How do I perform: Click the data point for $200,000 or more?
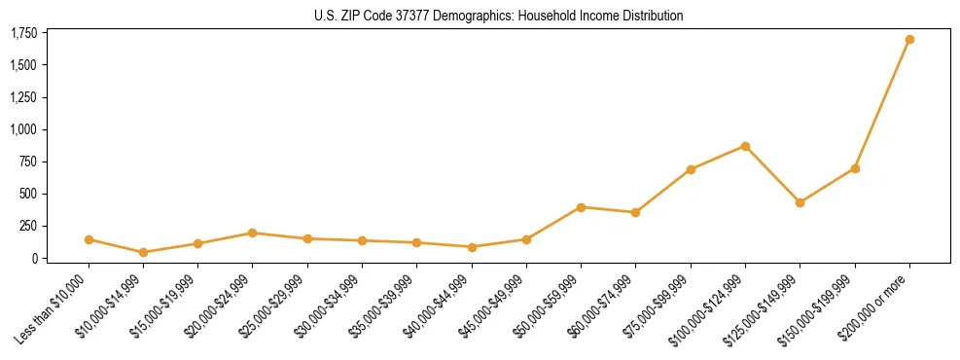(909, 40)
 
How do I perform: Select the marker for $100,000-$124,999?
(745, 146)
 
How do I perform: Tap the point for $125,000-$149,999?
(800, 202)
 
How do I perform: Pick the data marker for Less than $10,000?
(89, 239)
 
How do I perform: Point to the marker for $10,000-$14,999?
(143, 252)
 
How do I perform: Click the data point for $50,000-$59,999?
(581, 207)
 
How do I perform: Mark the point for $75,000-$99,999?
(691, 169)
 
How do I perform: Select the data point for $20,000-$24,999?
(252, 233)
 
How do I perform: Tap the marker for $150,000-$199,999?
(855, 168)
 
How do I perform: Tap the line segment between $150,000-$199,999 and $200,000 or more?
(882, 104)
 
